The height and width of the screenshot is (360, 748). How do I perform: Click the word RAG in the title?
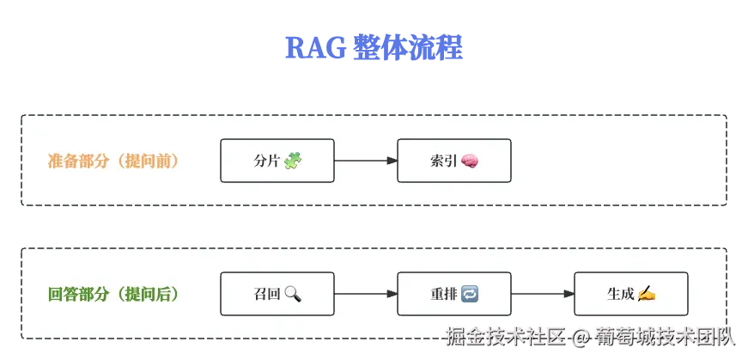313,48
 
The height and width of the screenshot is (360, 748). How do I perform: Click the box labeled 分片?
277,161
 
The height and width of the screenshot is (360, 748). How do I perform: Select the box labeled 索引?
453,161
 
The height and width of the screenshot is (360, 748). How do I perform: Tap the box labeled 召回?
277,294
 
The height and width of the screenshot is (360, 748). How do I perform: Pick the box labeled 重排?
453,294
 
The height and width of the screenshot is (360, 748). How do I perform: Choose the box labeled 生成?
630,294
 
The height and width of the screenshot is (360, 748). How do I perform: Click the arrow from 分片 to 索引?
365,161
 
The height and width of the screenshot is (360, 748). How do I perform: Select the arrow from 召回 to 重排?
365,294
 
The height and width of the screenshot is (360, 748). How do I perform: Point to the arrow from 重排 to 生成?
542,294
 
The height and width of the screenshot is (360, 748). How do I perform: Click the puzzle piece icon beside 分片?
294,161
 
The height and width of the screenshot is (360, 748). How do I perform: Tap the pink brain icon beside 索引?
470,161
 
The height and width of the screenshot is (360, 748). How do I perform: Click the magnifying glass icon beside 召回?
293,294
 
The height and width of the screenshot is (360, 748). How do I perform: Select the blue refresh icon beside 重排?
470,294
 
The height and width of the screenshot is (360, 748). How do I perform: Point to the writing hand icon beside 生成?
647,294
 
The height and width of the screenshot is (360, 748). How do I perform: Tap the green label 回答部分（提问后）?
113,294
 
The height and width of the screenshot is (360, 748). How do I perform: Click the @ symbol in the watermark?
581,338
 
